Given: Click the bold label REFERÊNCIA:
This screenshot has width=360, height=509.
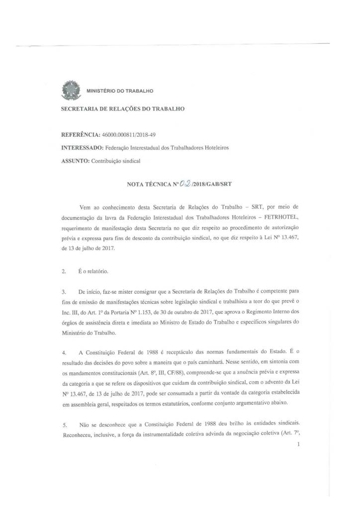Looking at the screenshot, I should pos(80,135).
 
